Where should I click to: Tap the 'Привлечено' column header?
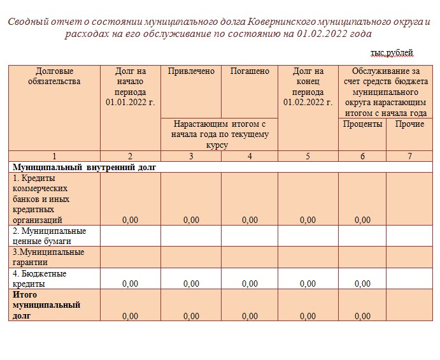pyautogui.click(x=191, y=71)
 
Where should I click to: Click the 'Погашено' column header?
pyautogui.click(x=250, y=71)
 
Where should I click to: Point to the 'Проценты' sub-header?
pyautogui.click(x=362, y=124)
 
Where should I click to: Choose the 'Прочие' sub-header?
pyautogui.click(x=409, y=124)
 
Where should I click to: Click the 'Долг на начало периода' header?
pyautogui.click(x=131, y=86)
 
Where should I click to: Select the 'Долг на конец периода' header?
pyautogui.click(x=308, y=86)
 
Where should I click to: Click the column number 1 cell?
pyautogui.click(x=55, y=156)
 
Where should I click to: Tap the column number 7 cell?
pyautogui.click(x=409, y=156)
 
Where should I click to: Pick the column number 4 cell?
pyautogui.click(x=250, y=156)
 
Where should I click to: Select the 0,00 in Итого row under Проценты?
pyautogui.click(x=362, y=316)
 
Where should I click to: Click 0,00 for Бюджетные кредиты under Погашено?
pyautogui.click(x=250, y=284)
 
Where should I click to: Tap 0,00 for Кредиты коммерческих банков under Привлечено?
pyautogui.click(x=191, y=220)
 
